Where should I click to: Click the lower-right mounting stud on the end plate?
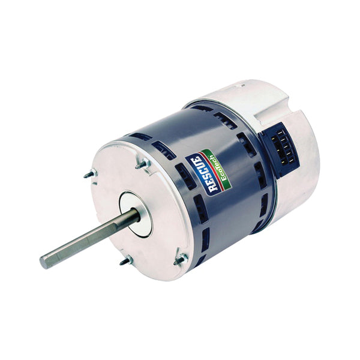pyautogui.click(x=180, y=260)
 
